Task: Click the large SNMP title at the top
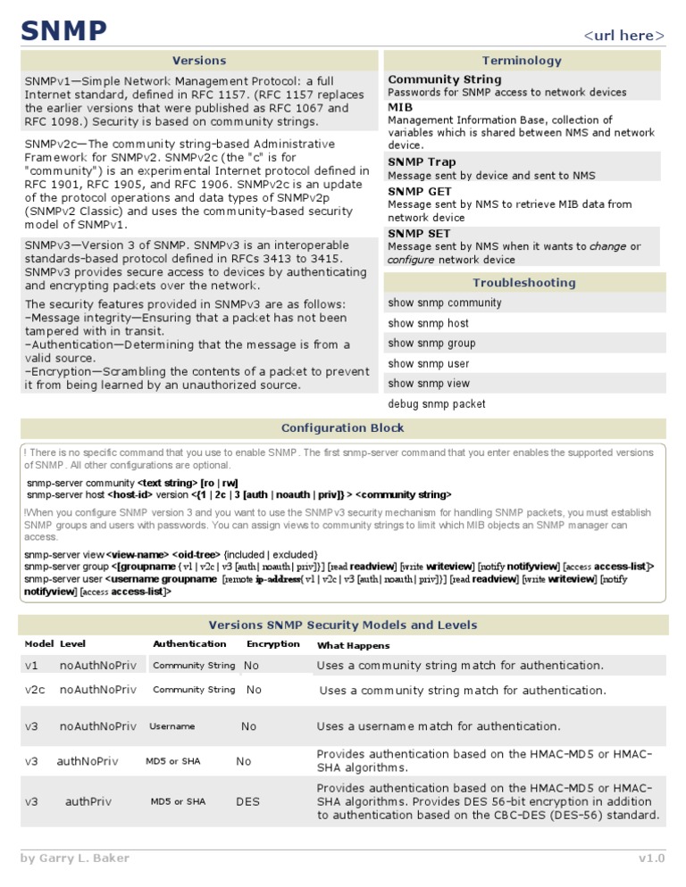point(63,31)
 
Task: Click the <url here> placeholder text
point(623,36)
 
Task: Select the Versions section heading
point(198,61)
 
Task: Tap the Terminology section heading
point(522,61)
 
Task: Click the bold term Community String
point(444,79)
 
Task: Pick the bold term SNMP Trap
point(421,162)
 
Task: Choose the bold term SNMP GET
point(419,191)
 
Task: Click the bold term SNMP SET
point(418,234)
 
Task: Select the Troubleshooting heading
point(523,283)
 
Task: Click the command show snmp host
point(428,323)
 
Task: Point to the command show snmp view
point(428,384)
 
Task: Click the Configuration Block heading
point(342,428)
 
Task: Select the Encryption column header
point(272,644)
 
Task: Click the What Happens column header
point(353,645)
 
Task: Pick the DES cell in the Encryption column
point(247,801)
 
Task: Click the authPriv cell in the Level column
point(88,801)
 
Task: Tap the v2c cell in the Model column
point(35,690)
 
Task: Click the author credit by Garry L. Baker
point(75,858)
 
